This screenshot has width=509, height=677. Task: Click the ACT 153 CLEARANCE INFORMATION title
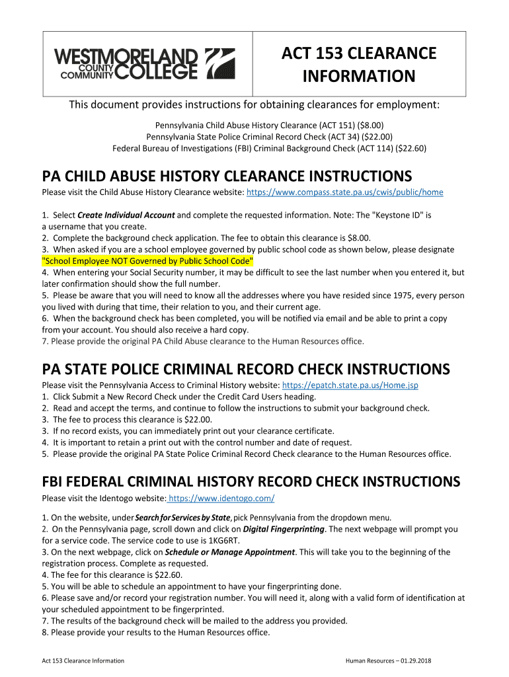[x=359, y=65]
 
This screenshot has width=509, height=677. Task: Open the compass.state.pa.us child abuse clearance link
[x=344, y=192]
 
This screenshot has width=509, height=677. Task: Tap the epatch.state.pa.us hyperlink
[x=350, y=385]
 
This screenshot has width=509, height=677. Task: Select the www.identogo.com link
[x=221, y=498]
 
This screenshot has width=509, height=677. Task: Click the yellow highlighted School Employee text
[x=147, y=261]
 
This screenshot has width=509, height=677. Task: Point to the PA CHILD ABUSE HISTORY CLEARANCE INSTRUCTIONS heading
[x=227, y=176]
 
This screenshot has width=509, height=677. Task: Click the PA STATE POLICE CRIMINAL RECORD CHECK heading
[x=245, y=369]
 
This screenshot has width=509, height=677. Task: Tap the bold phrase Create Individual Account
[x=126, y=216]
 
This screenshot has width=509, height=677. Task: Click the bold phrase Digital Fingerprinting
[x=284, y=529]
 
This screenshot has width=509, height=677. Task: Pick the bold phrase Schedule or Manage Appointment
[x=229, y=552]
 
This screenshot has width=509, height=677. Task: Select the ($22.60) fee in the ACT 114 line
[x=411, y=149]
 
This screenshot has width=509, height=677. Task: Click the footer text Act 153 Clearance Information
[x=83, y=660]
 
